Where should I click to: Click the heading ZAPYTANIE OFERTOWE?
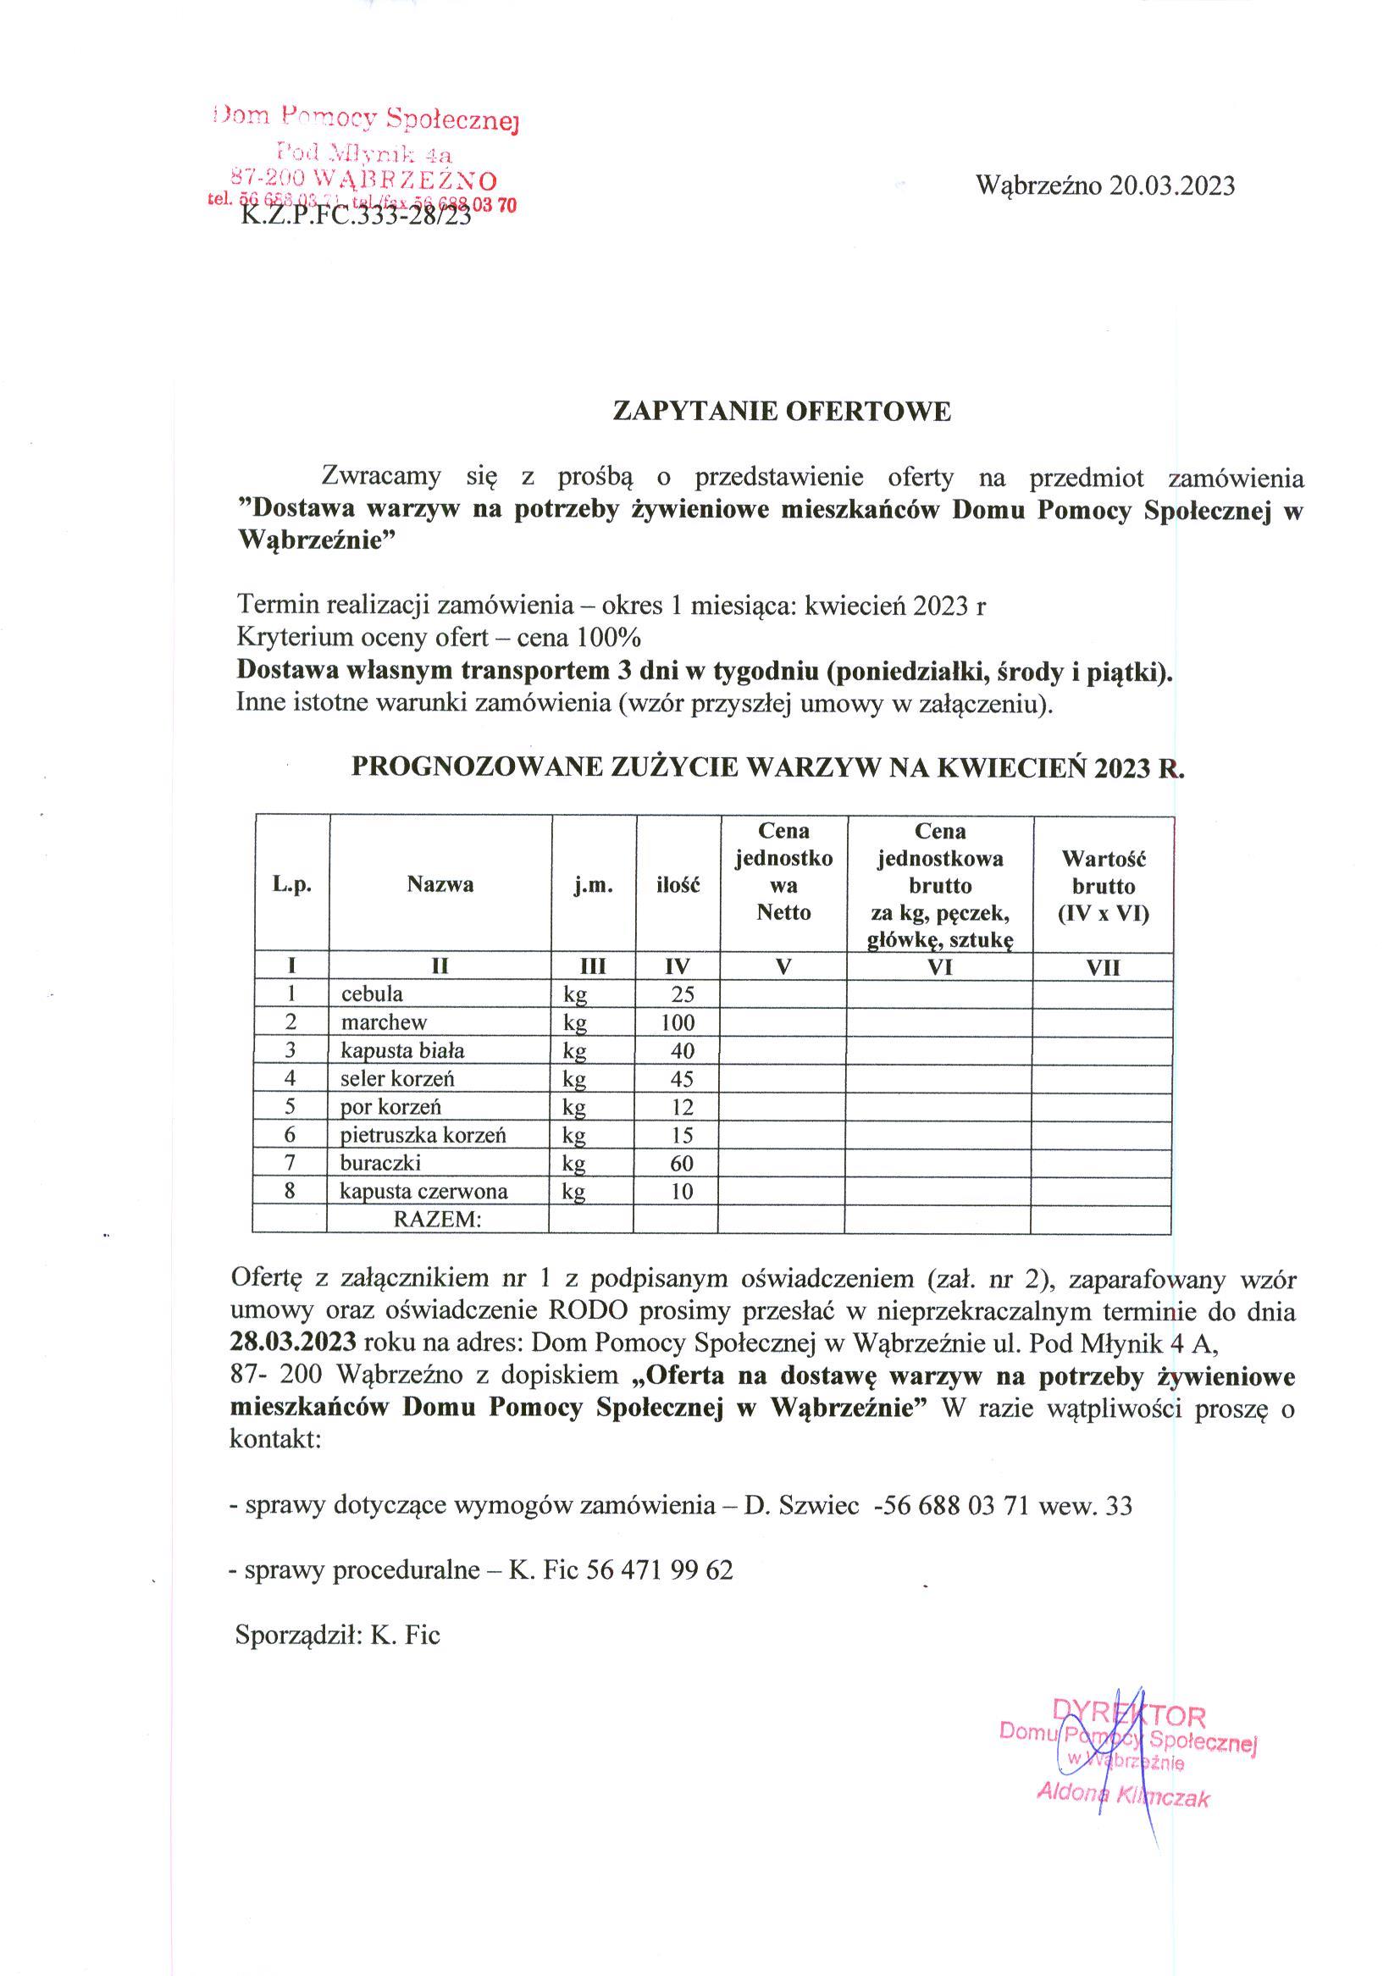[x=781, y=412]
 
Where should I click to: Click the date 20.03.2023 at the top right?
[x=1171, y=185]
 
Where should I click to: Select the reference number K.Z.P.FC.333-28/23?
[x=356, y=215]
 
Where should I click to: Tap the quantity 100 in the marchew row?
[x=678, y=1022]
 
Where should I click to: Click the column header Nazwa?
[x=440, y=884]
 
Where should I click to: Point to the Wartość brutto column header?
[x=1104, y=885]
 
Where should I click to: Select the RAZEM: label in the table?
[x=437, y=1219]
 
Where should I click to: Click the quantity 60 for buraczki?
[x=682, y=1163]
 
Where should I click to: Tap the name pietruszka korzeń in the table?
[x=423, y=1135]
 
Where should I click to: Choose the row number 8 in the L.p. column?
[x=291, y=1191]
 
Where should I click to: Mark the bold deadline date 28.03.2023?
[x=294, y=1342]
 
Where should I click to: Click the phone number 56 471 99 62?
[x=660, y=1570]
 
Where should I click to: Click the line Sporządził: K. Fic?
[x=337, y=1635]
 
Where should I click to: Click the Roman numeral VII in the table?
[x=1104, y=967]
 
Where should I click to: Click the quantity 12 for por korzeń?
[x=682, y=1107]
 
